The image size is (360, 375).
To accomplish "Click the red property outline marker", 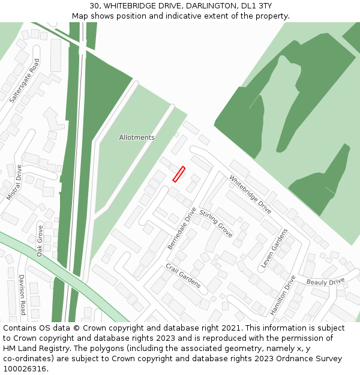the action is coord(179,174).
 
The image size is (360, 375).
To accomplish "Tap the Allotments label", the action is coord(137,137).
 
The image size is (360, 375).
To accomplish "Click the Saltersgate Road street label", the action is coord(25,80).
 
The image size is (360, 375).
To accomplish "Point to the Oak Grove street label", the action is coord(40,241).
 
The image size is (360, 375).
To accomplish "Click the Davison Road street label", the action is coord(22,295).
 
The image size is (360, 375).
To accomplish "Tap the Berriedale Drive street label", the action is coord(182,229).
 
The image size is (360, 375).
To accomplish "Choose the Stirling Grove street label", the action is coord(216,223).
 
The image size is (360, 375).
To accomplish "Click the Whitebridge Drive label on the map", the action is coord(250,191).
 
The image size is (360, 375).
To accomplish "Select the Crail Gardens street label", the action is coord(183,275).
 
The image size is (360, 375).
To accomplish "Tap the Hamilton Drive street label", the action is coord(283,295).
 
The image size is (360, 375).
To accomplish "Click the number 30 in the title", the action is coord(94,6).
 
